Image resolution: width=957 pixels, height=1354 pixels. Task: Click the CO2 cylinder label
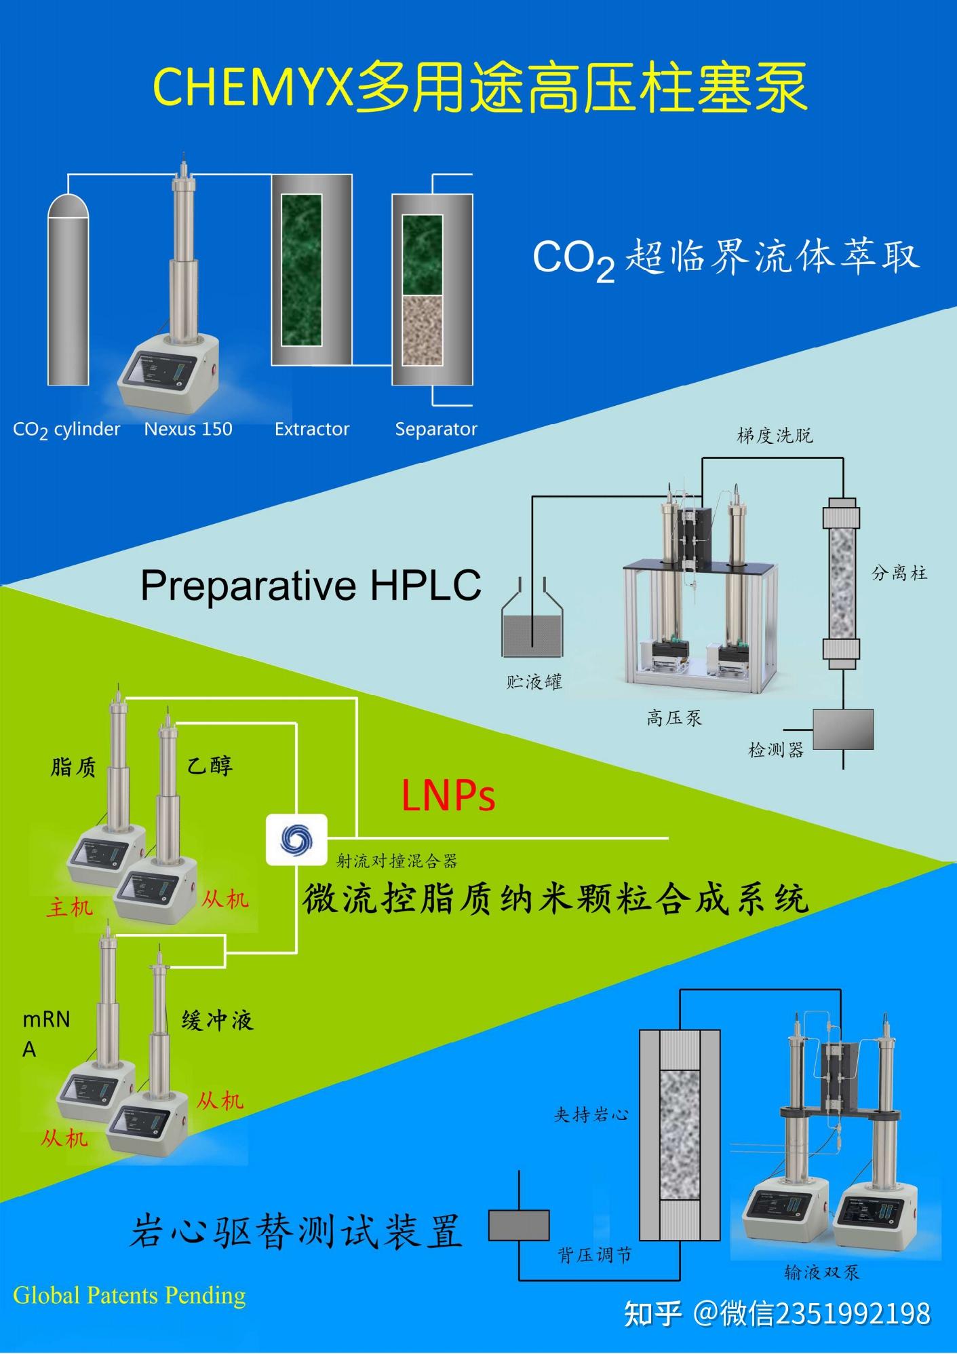click(66, 430)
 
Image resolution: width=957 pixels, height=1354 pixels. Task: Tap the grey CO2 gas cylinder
click(68, 292)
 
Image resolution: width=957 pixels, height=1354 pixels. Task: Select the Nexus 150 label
click(188, 429)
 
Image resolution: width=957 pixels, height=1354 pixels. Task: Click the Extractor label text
click(311, 429)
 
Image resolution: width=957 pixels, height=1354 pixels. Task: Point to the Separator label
click(436, 429)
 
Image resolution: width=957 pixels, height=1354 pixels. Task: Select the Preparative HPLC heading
click(311, 585)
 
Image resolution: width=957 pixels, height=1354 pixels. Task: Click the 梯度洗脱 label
click(775, 436)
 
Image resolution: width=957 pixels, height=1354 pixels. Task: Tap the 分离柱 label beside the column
click(899, 573)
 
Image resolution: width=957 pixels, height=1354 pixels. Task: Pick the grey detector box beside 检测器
click(843, 729)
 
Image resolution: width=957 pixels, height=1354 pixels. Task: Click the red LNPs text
click(448, 795)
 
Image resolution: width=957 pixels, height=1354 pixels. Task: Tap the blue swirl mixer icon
click(296, 840)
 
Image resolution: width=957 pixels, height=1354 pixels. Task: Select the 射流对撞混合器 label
click(397, 861)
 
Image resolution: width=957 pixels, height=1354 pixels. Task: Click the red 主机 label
click(69, 907)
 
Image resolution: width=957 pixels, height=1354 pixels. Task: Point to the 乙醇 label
click(210, 766)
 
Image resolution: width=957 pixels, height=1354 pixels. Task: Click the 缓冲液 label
click(217, 1020)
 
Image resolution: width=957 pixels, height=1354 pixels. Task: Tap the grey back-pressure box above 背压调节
click(519, 1226)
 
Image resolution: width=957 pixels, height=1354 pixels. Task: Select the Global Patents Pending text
click(130, 1296)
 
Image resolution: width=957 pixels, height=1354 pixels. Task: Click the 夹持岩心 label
click(591, 1115)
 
